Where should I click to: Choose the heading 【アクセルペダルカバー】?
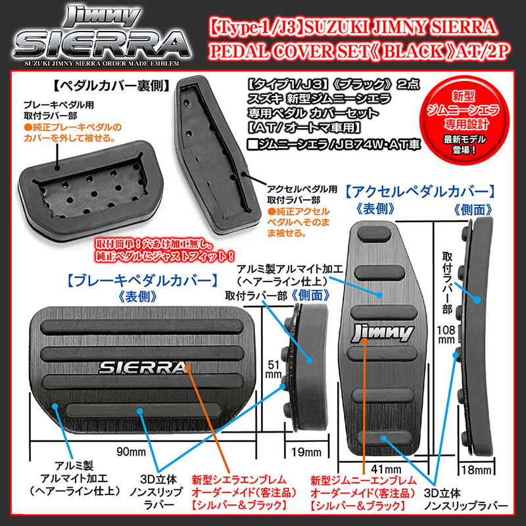pyautogui.click(x=420, y=192)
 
